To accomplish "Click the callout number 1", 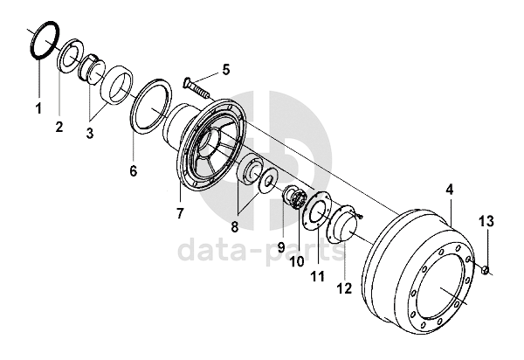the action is pyautogui.click(x=38, y=108).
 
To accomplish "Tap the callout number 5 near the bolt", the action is pyautogui.click(x=226, y=70).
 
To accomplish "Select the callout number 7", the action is pyautogui.click(x=180, y=213).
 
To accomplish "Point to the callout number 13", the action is pyautogui.click(x=486, y=221).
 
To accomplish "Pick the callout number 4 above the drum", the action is pyautogui.click(x=450, y=190).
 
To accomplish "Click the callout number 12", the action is pyautogui.click(x=345, y=288).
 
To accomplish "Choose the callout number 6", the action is pyautogui.click(x=134, y=170).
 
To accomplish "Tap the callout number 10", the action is pyautogui.click(x=297, y=261).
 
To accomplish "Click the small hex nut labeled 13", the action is pyautogui.click(x=486, y=270).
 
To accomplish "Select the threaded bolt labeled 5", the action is pyautogui.click(x=196, y=87).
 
